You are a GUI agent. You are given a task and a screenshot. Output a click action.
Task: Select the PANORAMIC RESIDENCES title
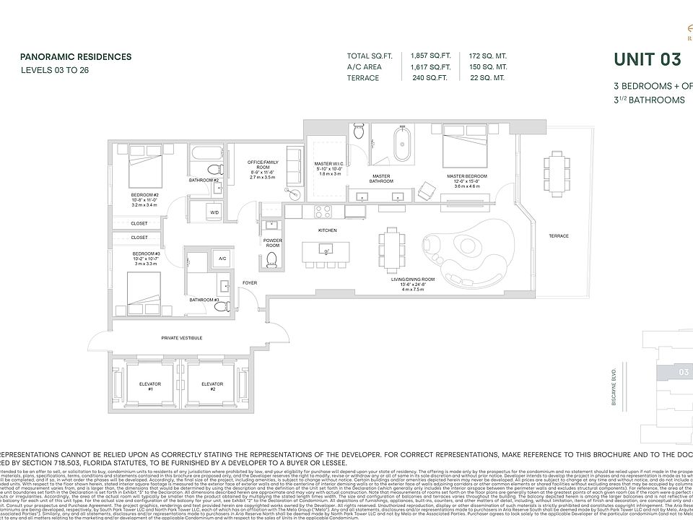[x=76, y=56]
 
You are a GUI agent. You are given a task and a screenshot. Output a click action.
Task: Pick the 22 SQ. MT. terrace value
[x=487, y=78]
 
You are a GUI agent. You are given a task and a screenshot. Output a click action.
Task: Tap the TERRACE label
[x=558, y=236]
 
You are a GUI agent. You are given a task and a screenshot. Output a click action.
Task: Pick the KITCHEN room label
[x=328, y=230]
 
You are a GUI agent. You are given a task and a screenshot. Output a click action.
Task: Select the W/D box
[x=214, y=213]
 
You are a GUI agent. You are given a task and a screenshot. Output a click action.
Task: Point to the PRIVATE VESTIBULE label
[x=181, y=338]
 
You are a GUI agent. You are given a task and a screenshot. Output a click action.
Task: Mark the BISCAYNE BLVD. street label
[x=612, y=387]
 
